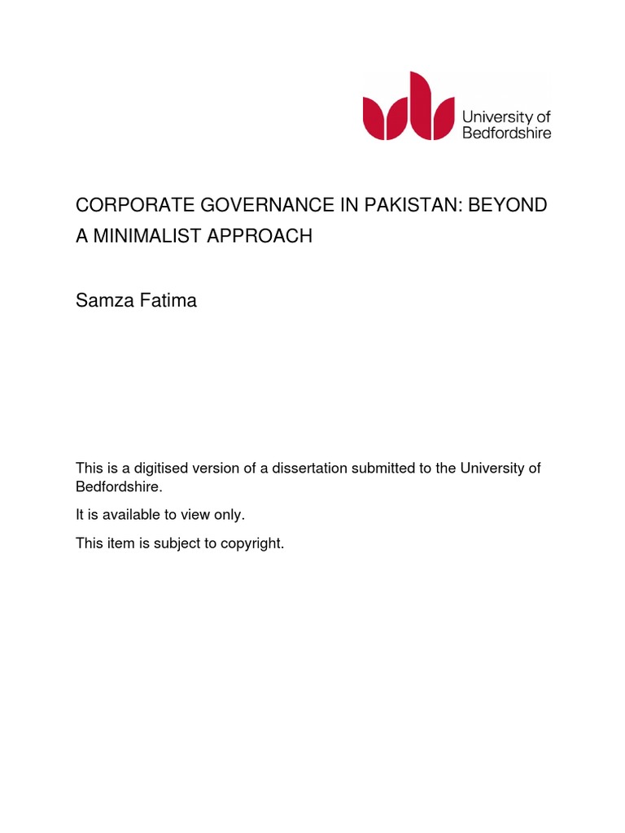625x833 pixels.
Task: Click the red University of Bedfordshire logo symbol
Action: coord(409,106)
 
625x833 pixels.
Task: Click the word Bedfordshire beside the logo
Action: coord(506,133)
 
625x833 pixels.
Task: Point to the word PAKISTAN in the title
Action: coord(406,205)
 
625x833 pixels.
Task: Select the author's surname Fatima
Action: coord(169,301)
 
